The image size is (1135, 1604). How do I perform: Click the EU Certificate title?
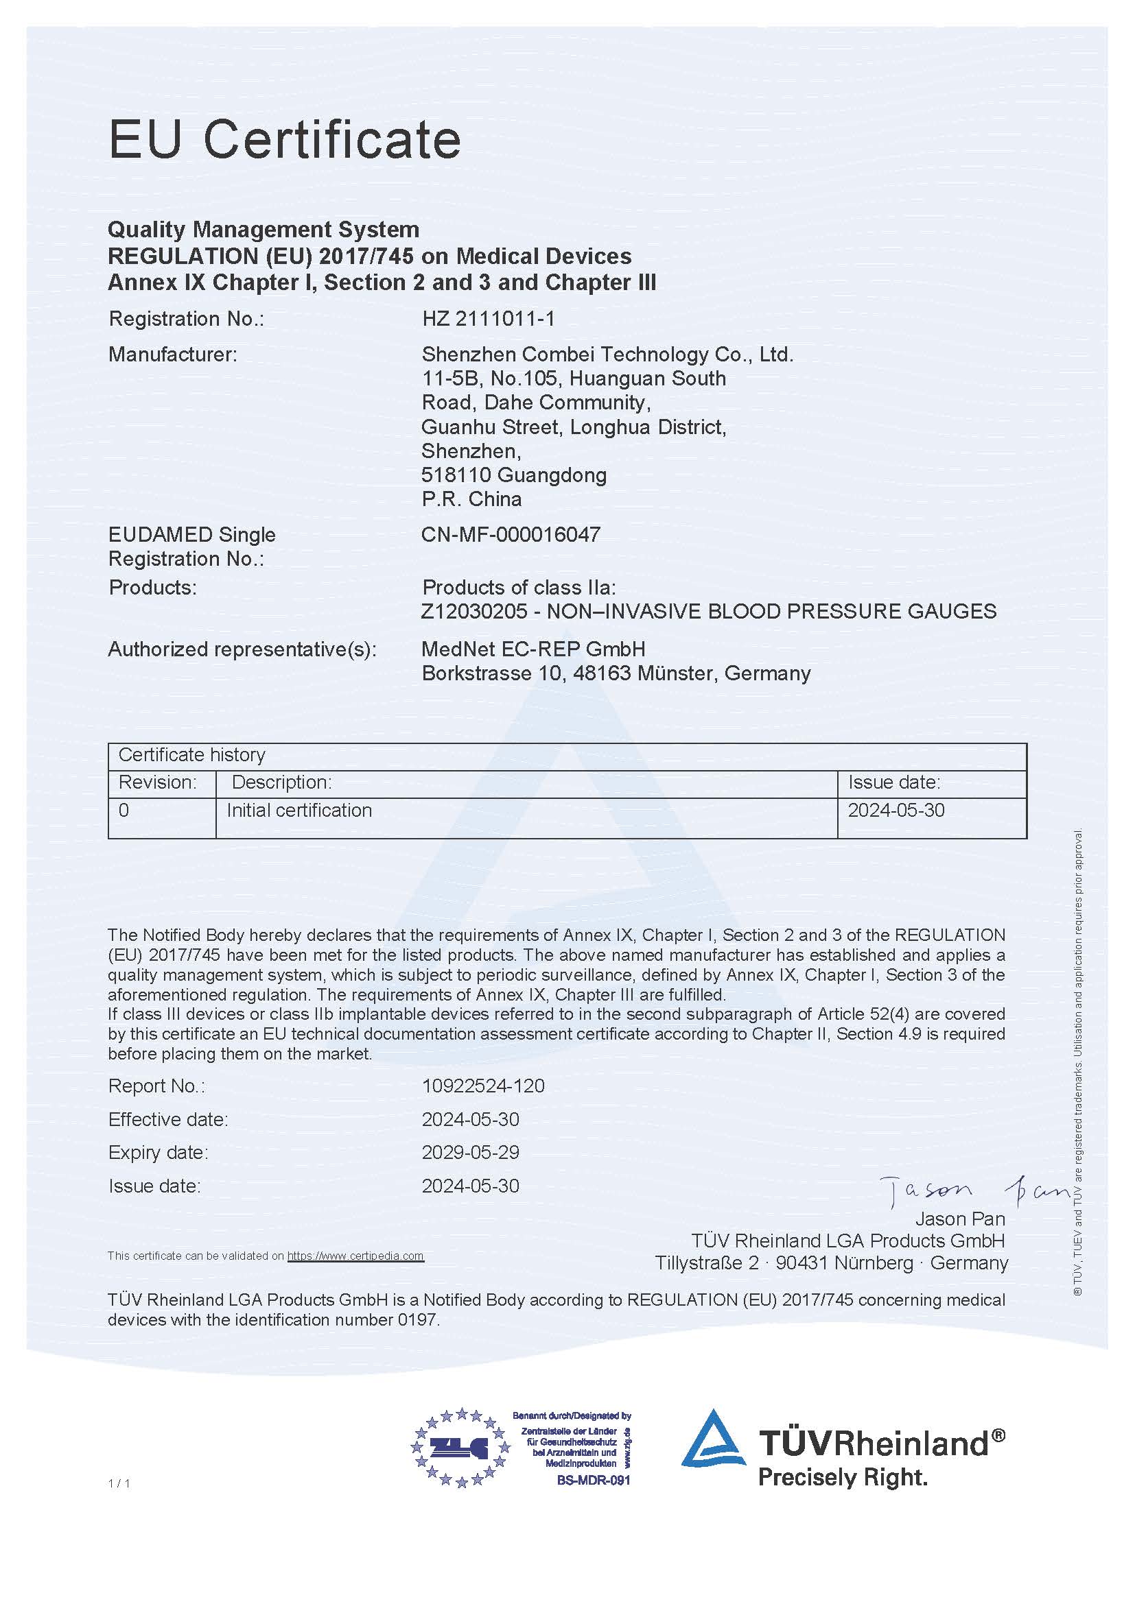click(x=285, y=140)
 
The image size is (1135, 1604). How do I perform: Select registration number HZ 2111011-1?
click(x=488, y=320)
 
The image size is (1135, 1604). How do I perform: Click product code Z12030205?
click(x=474, y=611)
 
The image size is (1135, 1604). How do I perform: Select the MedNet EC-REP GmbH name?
click(x=533, y=649)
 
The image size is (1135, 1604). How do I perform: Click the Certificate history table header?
click(x=192, y=755)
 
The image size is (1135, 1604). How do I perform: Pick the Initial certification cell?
click(x=299, y=811)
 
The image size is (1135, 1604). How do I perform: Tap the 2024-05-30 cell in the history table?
click(x=896, y=811)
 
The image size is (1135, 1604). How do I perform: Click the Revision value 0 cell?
click(x=124, y=811)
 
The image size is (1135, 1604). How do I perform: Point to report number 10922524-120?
click(x=483, y=1086)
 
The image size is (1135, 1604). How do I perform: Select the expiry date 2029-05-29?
click(x=470, y=1152)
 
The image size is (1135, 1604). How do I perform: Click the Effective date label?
click(x=167, y=1119)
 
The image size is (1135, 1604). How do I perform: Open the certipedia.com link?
click(x=355, y=1256)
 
